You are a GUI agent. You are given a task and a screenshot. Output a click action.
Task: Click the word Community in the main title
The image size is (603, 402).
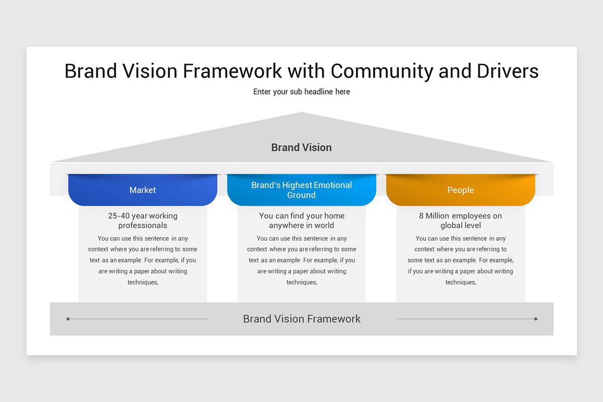(382, 71)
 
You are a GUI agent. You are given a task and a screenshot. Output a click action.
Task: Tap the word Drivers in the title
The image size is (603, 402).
(508, 71)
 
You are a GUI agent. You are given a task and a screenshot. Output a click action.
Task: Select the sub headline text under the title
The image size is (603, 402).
(301, 92)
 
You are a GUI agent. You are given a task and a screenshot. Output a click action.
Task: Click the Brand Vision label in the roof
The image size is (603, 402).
(301, 148)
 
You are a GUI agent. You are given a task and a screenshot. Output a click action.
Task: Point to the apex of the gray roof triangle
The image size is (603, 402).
(301, 112)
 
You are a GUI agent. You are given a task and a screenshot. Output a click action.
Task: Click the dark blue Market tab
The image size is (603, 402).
(143, 190)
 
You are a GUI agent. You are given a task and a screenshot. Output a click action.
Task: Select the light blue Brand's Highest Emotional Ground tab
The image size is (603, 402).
(301, 190)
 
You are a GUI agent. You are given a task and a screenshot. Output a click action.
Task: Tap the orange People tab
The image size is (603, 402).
(461, 190)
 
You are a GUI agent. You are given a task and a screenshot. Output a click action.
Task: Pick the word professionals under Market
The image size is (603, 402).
(143, 225)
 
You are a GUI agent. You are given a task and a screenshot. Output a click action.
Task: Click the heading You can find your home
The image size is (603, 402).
(301, 216)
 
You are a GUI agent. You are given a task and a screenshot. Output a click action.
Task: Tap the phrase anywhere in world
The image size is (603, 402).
(301, 225)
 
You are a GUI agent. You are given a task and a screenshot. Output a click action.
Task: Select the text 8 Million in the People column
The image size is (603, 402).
(434, 216)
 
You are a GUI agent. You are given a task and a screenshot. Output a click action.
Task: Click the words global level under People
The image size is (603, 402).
(461, 225)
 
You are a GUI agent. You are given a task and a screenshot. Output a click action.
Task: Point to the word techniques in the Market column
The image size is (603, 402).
(143, 282)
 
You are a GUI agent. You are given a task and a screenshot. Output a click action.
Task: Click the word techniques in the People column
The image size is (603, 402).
(461, 282)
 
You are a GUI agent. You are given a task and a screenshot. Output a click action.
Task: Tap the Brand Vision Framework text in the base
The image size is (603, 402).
(301, 319)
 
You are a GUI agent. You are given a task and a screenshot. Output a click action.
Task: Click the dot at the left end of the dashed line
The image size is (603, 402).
(68, 319)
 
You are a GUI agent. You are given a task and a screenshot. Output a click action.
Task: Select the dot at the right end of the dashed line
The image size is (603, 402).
(536, 319)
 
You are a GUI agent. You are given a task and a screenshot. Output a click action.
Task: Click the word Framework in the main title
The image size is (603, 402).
(232, 71)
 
